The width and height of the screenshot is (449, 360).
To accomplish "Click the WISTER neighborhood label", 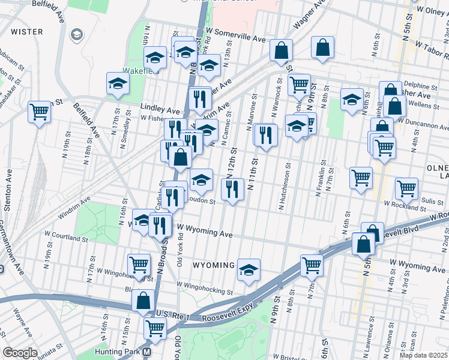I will click(x=27, y=32).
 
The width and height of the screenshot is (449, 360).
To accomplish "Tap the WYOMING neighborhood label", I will click(x=214, y=265).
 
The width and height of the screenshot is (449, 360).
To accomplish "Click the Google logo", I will click(x=20, y=353).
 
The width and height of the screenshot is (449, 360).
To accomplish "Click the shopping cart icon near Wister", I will click(x=39, y=112).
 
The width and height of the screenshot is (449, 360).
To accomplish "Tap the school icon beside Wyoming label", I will click(x=249, y=270).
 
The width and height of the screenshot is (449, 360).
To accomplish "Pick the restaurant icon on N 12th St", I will click(x=232, y=190).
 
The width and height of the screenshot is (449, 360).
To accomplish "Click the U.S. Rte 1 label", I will click(x=172, y=314).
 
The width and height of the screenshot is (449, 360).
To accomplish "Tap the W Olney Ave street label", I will click(x=425, y=10).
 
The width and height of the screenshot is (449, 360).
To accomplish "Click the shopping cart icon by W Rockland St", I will click(x=406, y=189).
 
